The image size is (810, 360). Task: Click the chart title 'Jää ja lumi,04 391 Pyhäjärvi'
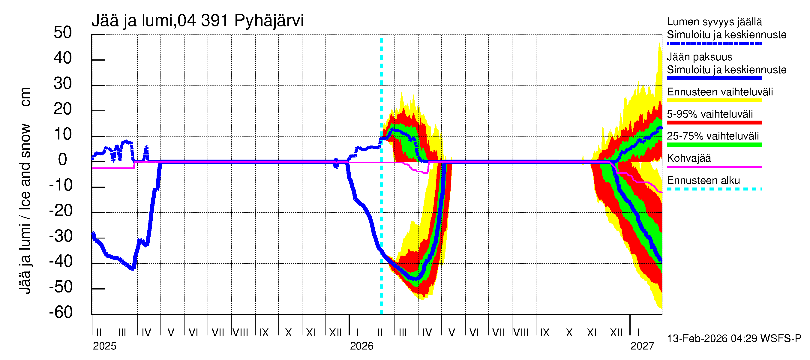point(197,21)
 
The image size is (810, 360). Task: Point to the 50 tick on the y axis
point(63,33)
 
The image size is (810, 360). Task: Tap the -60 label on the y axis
point(61,313)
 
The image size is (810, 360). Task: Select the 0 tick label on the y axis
point(63,160)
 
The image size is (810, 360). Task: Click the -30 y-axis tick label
point(61,236)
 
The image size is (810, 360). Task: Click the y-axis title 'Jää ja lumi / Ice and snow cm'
point(25,190)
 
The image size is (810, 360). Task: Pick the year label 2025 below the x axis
point(104,346)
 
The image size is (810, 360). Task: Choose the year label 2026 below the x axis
point(361,346)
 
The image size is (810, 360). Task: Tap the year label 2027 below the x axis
point(642,346)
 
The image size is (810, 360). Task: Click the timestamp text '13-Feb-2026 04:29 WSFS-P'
point(734,339)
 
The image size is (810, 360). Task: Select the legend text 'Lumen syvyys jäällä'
point(714,22)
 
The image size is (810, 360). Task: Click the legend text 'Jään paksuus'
point(700,57)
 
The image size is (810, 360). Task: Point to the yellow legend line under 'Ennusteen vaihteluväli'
point(714,100)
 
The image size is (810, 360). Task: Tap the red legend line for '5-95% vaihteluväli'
point(714,123)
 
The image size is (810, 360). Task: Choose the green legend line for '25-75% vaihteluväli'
point(714,145)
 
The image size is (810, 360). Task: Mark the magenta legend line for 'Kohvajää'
point(714,166)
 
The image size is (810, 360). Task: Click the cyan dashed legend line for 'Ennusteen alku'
point(714,189)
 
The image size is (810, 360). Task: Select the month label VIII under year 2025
point(240,333)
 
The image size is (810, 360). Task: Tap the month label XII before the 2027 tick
point(616,333)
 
